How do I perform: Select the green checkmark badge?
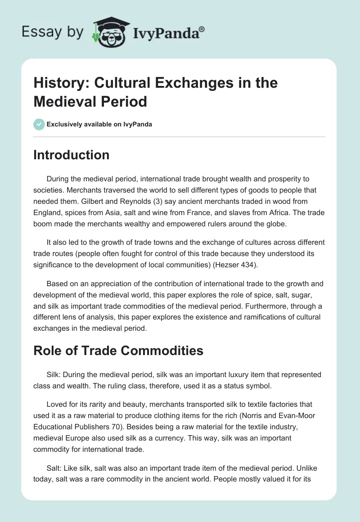coord(39,124)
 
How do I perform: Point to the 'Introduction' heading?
coord(72,155)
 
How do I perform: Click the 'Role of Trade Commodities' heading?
coord(118,351)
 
